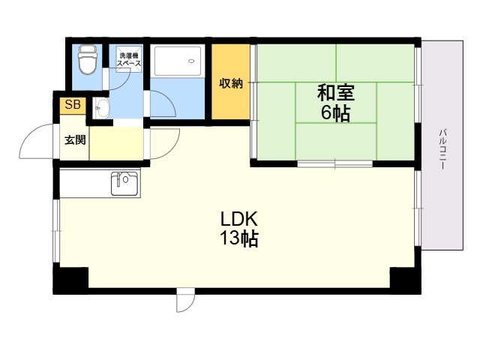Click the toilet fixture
[88, 59]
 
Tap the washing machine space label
[129, 59]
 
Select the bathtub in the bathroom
[178, 61]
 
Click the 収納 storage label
[231, 83]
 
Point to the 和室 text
[336, 93]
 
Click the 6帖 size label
[335, 113]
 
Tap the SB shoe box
[73, 105]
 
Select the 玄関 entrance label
[75, 140]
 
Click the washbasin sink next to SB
[101, 108]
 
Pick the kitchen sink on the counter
[124, 183]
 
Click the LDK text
[239, 219]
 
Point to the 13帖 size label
[239, 238]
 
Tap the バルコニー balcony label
[442, 149]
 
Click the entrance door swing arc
[29, 135]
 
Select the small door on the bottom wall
[185, 300]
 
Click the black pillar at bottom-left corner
[71, 280]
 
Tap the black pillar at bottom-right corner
[405, 280]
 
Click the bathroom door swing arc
[169, 97]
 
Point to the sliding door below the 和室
[335, 163]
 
